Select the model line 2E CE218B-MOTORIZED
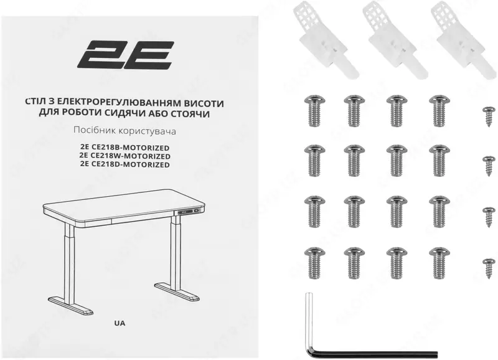point(124,148)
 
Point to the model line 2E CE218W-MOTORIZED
point(125,156)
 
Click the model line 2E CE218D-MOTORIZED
point(125,164)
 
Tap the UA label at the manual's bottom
point(120,323)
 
